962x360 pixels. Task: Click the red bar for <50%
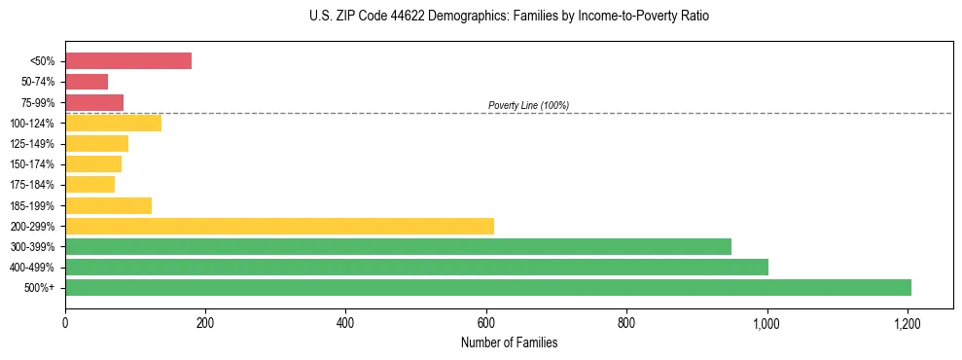pyautogui.click(x=127, y=61)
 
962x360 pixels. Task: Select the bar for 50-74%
pyautogui.click(x=87, y=82)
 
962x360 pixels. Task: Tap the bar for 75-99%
pyautogui.click(x=94, y=102)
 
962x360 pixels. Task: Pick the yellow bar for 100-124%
pyautogui.click(x=113, y=123)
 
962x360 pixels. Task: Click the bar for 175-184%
pyautogui.click(x=89, y=184)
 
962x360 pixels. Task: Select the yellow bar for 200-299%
pyautogui.click(x=279, y=226)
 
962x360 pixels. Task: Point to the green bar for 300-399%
pyautogui.click(x=398, y=246)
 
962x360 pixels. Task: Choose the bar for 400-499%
pyautogui.click(x=416, y=267)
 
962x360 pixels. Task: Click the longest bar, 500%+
pyautogui.click(x=487, y=287)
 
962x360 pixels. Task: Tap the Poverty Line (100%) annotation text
pyautogui.click(x=528, y=105)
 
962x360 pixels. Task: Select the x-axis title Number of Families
pyautogui.click(x=509, y=342)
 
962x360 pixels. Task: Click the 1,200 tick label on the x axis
pyautogui.click(x=908, y=321)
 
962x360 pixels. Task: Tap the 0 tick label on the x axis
pyautogui.click(x=65, y=321)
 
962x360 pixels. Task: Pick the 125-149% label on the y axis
pyautogui.click(x=32, y=144)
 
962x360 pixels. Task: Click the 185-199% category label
pyautogui.click(x=32, y=205)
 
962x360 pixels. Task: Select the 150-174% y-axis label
pyautogui.click(x=32, y=164)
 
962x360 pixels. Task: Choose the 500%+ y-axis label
pyautogui.click(x=38, y=288)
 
